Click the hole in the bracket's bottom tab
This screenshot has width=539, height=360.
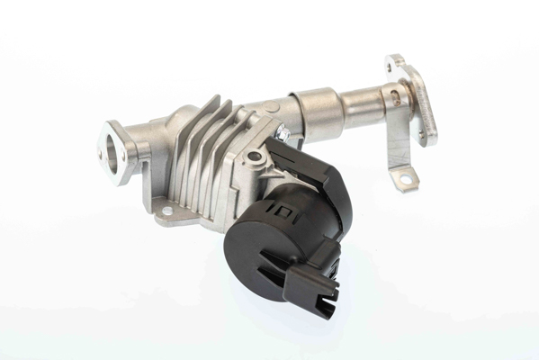point(406,180)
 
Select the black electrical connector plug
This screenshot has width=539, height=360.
point(310,283)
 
